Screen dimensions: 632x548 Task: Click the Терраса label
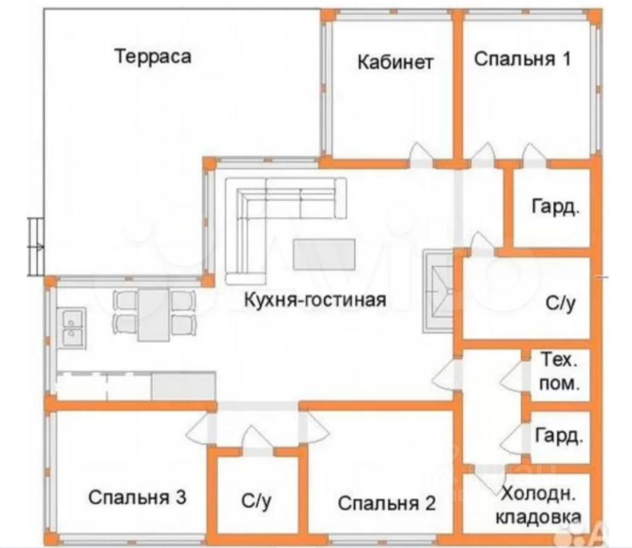coord(153,57)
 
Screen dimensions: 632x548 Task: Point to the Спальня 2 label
coord(387,503)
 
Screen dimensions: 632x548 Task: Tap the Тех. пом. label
coord(560,372)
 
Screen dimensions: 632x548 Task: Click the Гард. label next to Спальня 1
coord(555,208)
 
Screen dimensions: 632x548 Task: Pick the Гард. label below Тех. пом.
coord(559,436)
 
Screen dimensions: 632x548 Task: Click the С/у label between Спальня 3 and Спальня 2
coord(256,501)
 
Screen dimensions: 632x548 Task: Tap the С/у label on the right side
coord(561,304)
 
